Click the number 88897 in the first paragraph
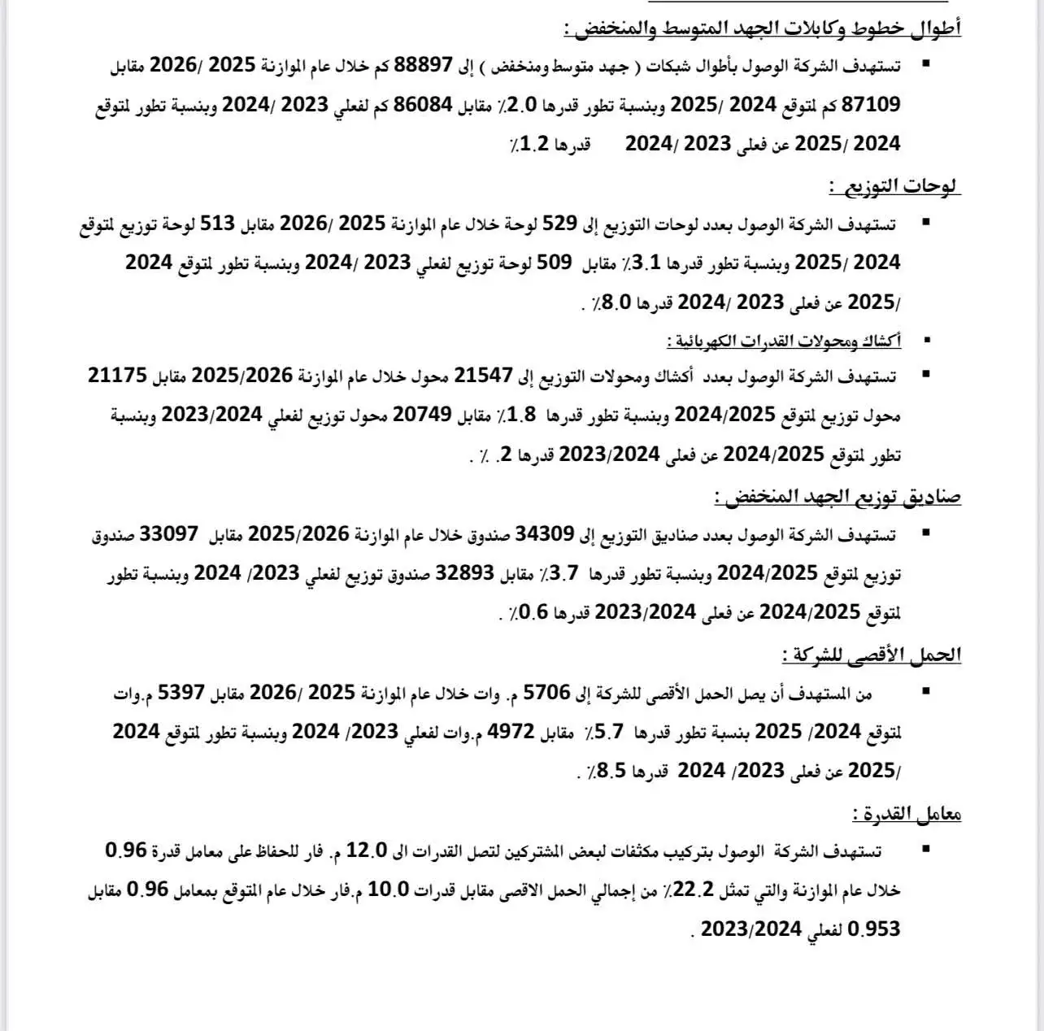(x=423, y=65)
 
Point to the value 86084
(x=423, y=104)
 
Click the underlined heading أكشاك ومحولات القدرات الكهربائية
(x=784, y=341)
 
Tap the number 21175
(x=118, y=375)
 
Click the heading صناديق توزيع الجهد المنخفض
(x=837, y=496)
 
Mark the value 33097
(x=169, y=533)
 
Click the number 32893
(x=465, y=572)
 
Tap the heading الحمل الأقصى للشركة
(x=872, y=655)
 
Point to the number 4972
(x=511, y=731)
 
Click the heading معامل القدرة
(x=907, y=814)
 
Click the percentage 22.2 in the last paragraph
(x=694, y=889)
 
